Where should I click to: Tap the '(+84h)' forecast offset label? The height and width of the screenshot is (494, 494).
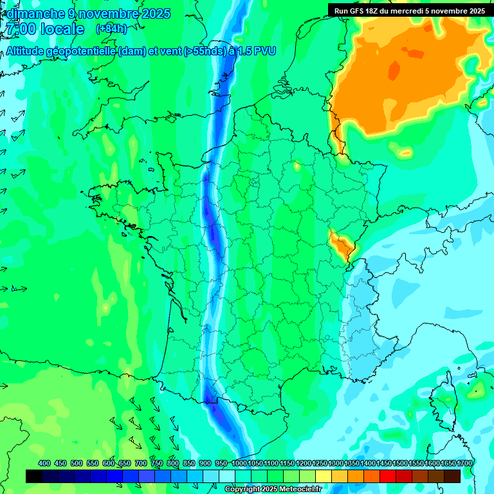(x=111, y=29)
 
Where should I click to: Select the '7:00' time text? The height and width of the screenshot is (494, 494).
(x=19, y=29)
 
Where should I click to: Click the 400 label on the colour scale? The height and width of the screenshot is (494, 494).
(x=44, y=463)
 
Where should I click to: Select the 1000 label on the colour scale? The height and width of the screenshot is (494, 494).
(x=239, y=463)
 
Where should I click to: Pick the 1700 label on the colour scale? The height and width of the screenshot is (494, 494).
(x=464, y=463)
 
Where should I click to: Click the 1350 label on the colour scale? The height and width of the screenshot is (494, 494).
(x=352, y=463)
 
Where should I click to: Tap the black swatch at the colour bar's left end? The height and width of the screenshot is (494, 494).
(x=34, y=476)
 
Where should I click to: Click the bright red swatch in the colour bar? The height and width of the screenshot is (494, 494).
(x=388, y=476)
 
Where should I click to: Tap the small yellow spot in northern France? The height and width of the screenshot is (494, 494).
(x=297, y=167)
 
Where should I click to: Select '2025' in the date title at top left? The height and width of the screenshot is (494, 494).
(x=154, y=14)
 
